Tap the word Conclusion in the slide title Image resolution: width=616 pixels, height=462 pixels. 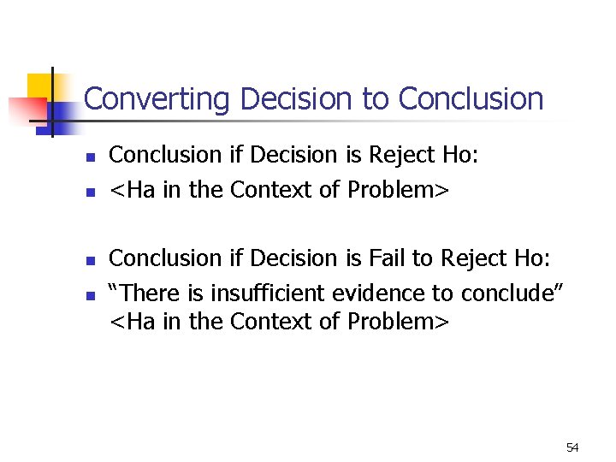[471, 99]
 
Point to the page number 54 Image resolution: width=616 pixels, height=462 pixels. [572, 447]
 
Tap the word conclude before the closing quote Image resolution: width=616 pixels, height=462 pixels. [506, 293]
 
